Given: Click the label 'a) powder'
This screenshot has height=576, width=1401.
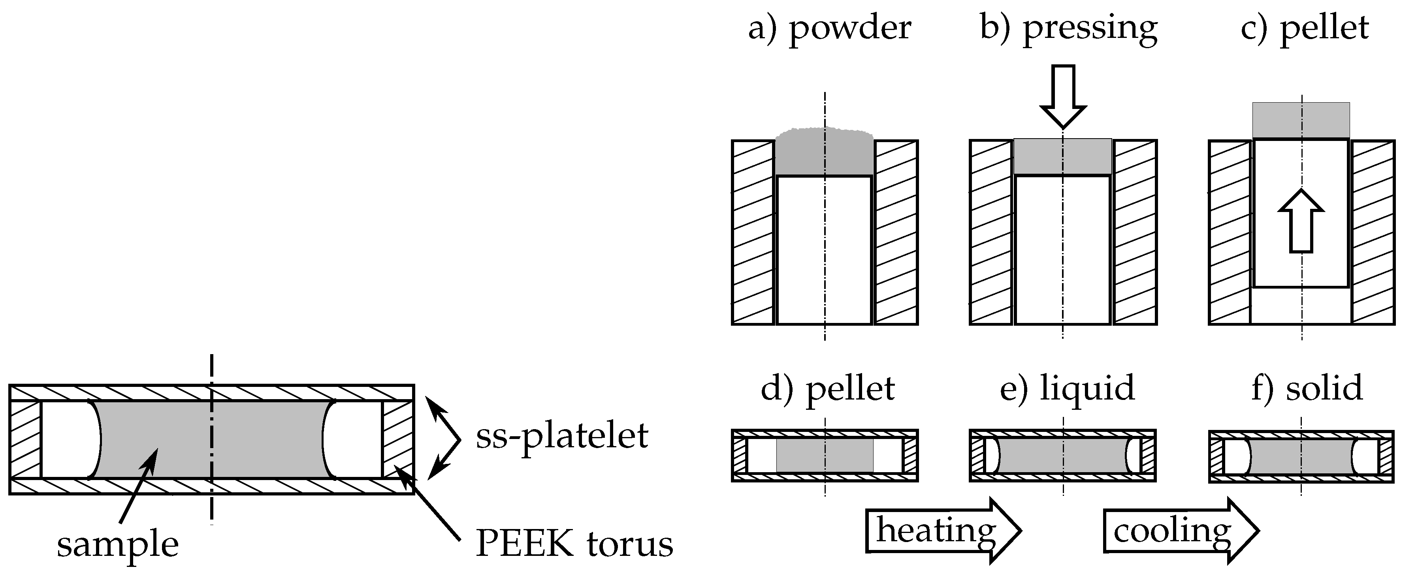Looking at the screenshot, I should (829, 28).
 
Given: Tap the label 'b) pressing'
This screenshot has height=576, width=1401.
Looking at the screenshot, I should (1069, 28).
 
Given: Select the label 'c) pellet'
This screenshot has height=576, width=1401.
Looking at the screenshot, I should (1304, 28).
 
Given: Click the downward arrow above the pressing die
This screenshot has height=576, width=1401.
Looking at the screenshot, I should (1063, 96).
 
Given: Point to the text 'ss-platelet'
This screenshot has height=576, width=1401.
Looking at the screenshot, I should (562, 436).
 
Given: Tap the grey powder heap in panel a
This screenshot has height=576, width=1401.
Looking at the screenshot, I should (824, 152).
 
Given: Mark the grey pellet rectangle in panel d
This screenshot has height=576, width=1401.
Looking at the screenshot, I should (825, 455).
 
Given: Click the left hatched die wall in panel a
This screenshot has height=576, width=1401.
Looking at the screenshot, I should (753, 233).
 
